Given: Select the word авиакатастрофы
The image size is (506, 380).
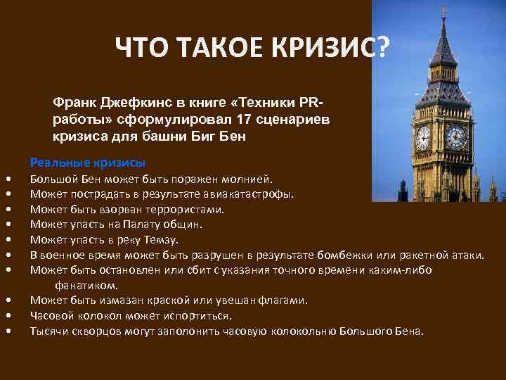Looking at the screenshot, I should (x=250, y=194).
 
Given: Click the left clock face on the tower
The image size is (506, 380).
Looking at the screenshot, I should (x=423, y=138).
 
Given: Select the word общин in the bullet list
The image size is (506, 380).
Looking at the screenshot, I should (x=185, y=224).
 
